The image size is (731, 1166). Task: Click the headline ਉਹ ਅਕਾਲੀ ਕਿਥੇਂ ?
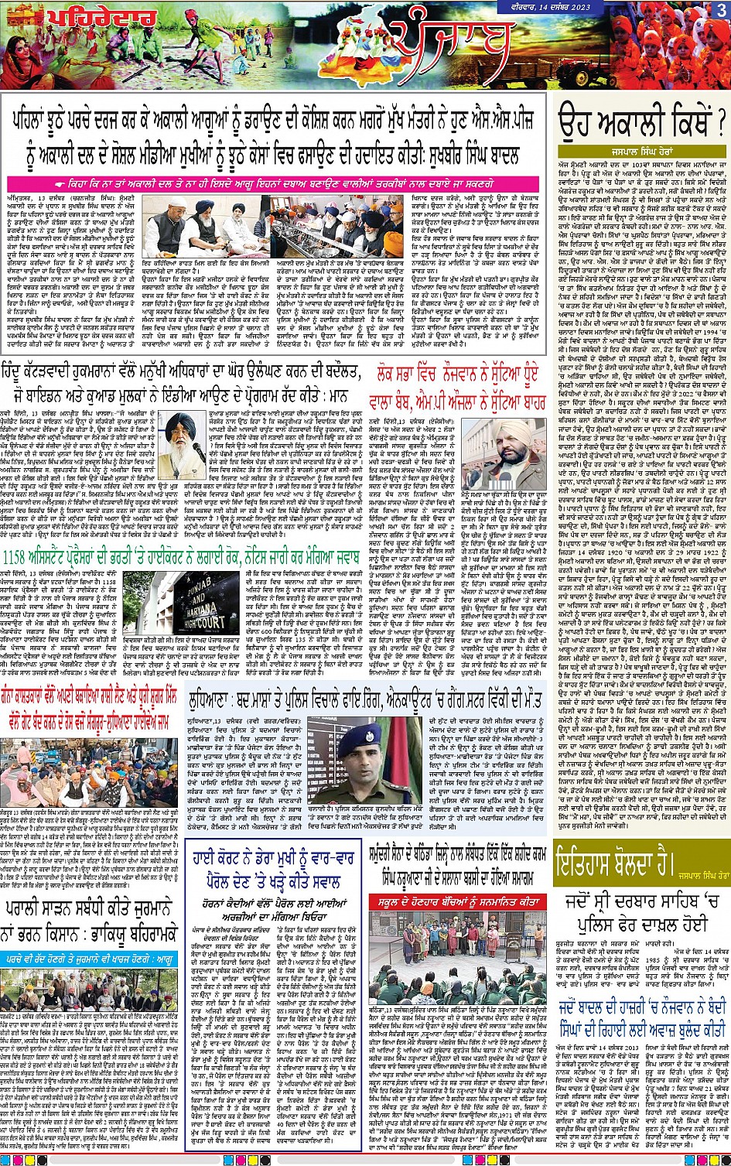click(x=642, y=123)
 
